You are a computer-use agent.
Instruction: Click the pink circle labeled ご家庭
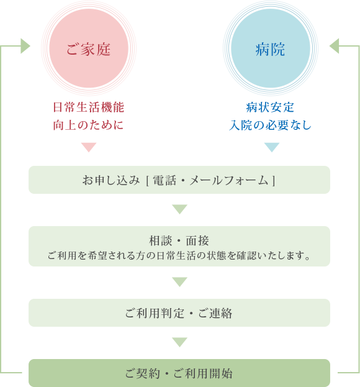click(89, 48)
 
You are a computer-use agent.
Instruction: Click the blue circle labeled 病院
click(271, 48)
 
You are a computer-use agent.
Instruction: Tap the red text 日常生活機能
click(89, 107)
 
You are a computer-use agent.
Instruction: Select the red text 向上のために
click(88, 125)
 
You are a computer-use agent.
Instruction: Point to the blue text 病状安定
click(270, 107)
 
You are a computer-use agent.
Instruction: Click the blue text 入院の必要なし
click(270, 125)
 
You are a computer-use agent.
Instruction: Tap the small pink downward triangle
click(89, 147)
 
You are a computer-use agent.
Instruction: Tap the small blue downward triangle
click(272, 147)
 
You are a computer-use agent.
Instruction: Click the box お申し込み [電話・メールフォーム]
click(179, 180)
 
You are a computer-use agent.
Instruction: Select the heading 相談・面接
click(179, 240)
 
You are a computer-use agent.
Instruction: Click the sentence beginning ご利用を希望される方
click(179, 256)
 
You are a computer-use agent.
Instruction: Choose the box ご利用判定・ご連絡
click(179, 312)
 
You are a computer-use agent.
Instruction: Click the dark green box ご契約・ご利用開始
click(179, 373)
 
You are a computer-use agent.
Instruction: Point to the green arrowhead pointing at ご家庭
click(25, 46)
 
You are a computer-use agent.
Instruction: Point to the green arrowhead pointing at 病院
click(334, 46)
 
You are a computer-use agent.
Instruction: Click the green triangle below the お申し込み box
click(179, 209)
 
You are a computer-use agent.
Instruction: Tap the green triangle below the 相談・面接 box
click(179, 282)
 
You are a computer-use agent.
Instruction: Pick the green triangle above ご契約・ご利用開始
click(179, 342)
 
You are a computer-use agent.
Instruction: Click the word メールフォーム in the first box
click(229, 180)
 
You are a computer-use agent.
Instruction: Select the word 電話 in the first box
click(164, 180)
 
